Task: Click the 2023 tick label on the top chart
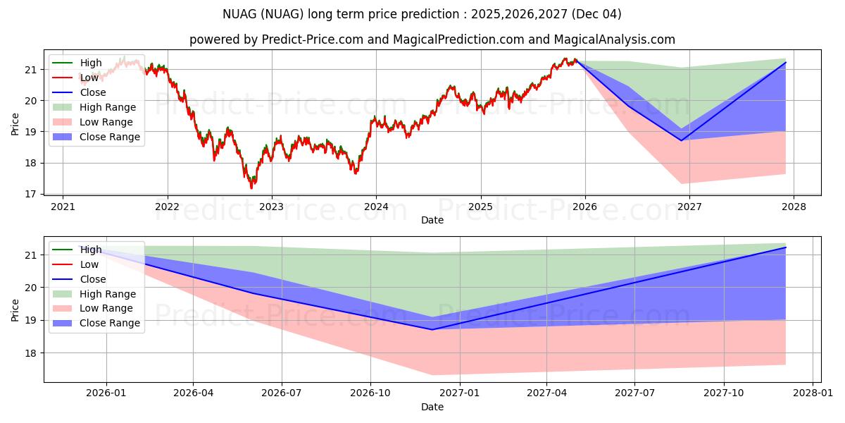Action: pyautogui.click(x=271, y=207)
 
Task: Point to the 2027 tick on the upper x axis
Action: pyautogui.click(x=689, y=207)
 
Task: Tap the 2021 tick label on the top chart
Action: pyautogui.click(x=63, y=207)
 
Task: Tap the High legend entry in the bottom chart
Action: pyautogui.click(x=91, y=250)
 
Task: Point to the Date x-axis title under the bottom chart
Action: pyautogui.click(x=432, y=407)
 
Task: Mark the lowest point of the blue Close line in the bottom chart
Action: pyautogui.click(x=432, y=329)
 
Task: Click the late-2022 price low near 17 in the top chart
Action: pyautogui.click(x=251, y=188)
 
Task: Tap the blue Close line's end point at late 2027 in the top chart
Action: pyautogui.click(x=785, y=63)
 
